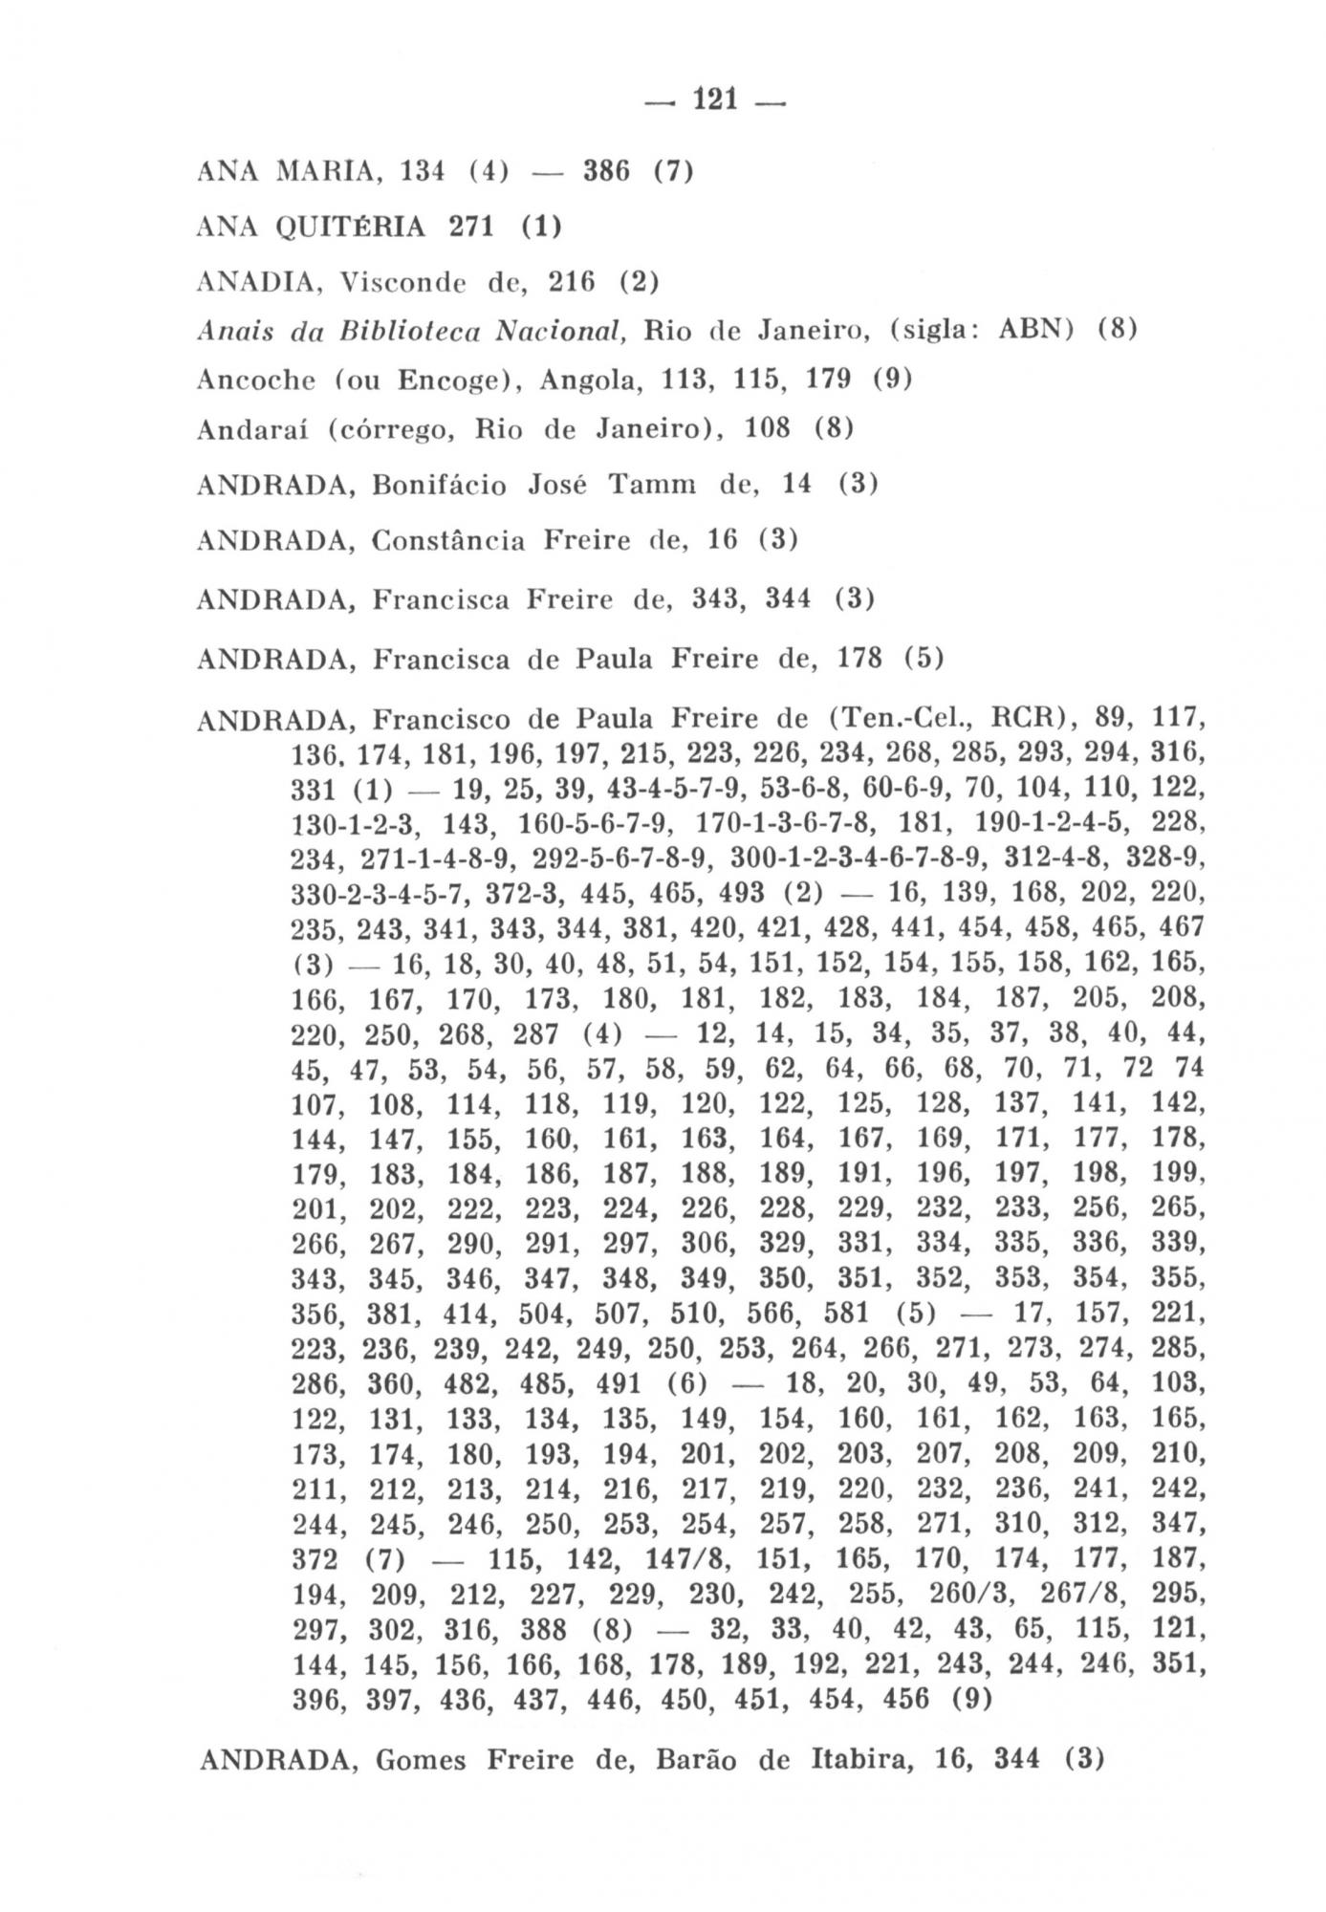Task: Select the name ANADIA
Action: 253,282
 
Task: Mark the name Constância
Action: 448,541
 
